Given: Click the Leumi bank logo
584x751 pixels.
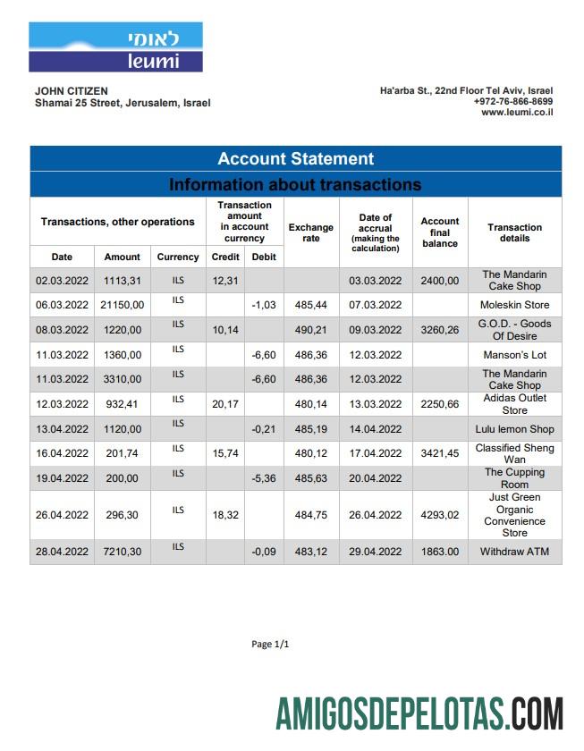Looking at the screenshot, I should point(115,47).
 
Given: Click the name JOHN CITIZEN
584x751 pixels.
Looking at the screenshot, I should point(72,90).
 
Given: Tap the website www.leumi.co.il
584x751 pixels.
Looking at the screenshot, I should point(517,113).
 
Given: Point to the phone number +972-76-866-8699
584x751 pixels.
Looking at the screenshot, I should point(512,102).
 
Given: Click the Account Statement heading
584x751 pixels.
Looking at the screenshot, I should point(295,159).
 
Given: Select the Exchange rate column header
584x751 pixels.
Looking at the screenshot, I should point(310,233).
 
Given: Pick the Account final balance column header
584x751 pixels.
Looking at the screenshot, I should point(440,232).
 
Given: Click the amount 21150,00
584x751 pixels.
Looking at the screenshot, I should point(123,306).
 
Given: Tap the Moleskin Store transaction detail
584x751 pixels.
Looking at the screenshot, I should point(514,306).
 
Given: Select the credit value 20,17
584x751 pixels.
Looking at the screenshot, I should point(225,404).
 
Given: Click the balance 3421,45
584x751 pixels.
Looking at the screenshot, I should point(440,453).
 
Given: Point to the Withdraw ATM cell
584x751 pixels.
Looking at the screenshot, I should point(514,553).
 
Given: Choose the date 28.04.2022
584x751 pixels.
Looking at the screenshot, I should point(62,553).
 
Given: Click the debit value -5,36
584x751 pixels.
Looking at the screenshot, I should point(264,478).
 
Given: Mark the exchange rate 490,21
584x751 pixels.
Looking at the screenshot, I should point(311,330).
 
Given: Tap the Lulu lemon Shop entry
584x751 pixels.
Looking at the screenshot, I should point(514,429).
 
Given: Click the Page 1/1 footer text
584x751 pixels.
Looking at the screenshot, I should point(271,644).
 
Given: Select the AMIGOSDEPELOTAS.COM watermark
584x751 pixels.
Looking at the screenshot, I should point(419,714).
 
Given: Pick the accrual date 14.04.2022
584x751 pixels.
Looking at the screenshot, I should point(376,429).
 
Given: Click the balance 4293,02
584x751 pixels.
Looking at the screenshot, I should point(440,515).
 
